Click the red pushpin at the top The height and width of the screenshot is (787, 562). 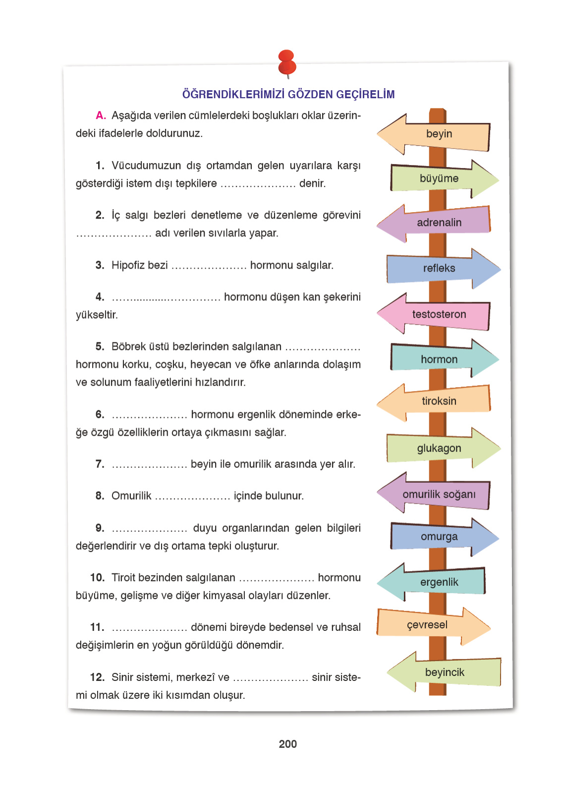(287, 62)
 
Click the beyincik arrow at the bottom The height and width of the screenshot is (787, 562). (445, 672)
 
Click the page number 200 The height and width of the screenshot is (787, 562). (287, 744)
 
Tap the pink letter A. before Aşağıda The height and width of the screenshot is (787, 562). (101, 115)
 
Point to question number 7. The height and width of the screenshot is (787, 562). (100, 464)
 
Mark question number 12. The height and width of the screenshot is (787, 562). (97, 677)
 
